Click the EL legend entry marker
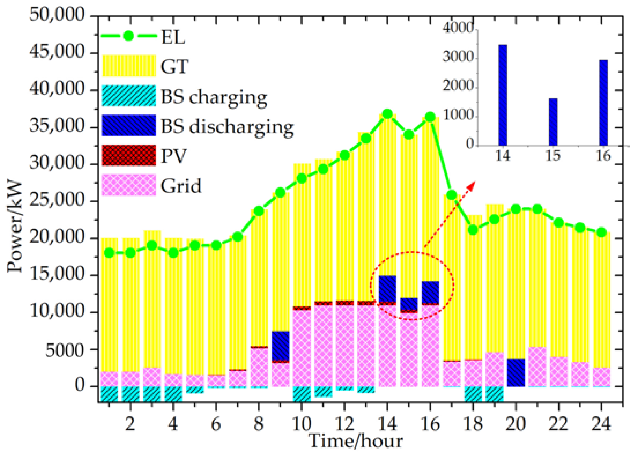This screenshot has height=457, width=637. (x=129, y=36)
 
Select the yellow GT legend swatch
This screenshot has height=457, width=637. (x=129, y=66)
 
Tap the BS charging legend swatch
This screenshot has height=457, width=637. (x=129, y=96)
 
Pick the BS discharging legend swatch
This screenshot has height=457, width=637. (x=129, y=125)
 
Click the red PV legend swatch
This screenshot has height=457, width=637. (x=129, y=155)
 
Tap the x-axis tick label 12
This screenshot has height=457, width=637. (x=344, y=424)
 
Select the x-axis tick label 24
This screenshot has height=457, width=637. (x=601, y=424)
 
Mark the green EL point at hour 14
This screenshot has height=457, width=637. (x=387, y=114)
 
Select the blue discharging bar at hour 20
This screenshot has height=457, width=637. (x=516, y=372)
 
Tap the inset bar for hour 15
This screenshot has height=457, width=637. (x=553, y=122)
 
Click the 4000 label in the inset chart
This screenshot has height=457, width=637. (x=458, y=28)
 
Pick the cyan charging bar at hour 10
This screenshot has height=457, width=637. (x=302, y=394)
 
